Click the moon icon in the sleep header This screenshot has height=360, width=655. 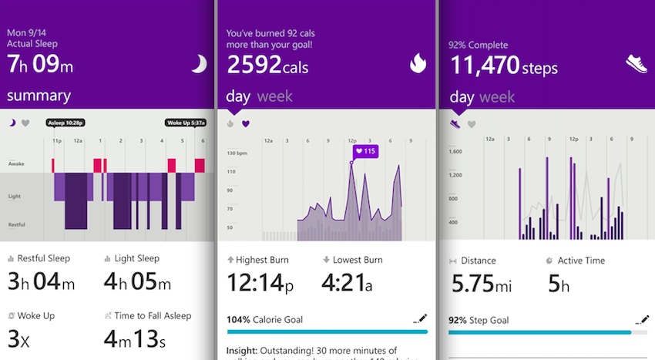pos(198,66)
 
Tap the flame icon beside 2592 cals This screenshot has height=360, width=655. pos(418,66)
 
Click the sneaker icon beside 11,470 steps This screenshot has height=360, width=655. pos(637,65)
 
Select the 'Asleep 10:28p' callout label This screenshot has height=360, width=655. pos(65,123)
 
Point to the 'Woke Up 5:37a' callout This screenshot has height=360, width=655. pos(185,123)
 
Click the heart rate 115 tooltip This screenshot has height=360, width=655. pos(364,151)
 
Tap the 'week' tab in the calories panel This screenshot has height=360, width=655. pos(274,96)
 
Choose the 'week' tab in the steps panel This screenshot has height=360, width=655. pos(496,96)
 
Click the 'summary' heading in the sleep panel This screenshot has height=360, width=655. pos(39,96)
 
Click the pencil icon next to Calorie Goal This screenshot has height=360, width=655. pos(420,318)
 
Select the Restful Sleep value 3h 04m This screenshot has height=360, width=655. pos(42,282)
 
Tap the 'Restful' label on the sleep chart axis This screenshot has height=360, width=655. pos(18,224)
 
